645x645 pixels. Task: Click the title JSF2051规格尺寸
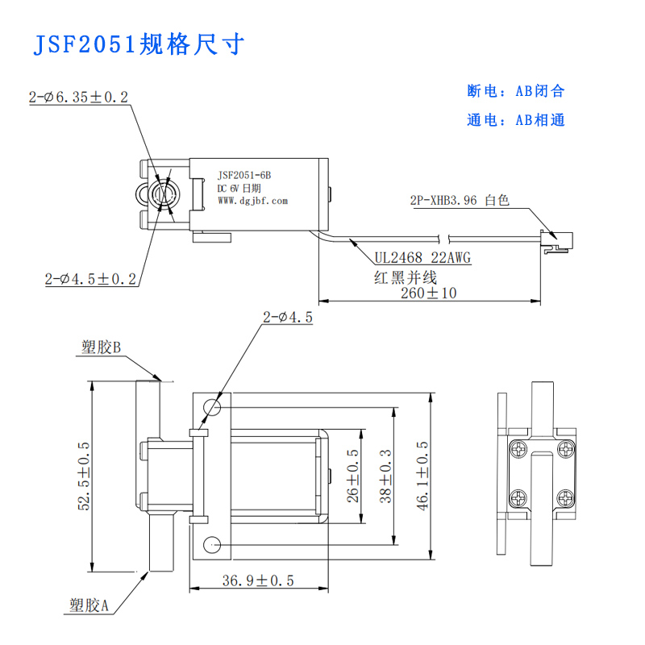tap(137, 44)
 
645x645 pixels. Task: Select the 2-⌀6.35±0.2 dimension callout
tap(78, 98)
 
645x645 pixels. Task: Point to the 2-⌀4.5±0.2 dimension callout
tap(90, 279)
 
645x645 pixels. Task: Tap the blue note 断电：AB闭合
tap(516, 91)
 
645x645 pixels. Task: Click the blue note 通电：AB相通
tap(516, 120)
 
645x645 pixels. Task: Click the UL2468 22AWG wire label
tap(422, 258)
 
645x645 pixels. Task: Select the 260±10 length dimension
tap(428, 293)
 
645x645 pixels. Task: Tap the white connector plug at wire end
tap(558, 240)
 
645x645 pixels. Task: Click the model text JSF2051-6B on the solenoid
tap(244, 175)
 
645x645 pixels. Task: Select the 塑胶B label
tap(101, 347)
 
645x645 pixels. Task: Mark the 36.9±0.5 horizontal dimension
tap(259, 580)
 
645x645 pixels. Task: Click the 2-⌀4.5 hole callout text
tap(287, 318)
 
